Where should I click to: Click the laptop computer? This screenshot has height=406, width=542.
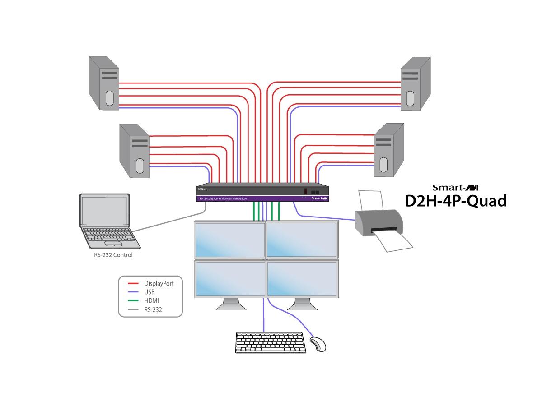pyautogui.click(x=107, y=221)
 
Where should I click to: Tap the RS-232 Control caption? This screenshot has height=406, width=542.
pyautogui.click(x=111, y=255)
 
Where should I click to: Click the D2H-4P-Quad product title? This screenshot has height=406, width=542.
pyautogui.click(x=455, y=201)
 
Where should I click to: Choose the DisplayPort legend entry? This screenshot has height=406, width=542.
pyautogui.click(x=159, y=283)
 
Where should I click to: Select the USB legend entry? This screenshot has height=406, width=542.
pyautogui.click(x=150, y=292)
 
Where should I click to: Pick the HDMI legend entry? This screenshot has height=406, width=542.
pyautogui.click(x=151, y=301)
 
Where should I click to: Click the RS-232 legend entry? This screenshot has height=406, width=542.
pyautogui.click(x=153, y=310)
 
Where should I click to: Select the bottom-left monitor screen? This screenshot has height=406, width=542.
pyautogui.click(x=229, y=278)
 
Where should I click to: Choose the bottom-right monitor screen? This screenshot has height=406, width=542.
pyautogui.click(x=302, y=278)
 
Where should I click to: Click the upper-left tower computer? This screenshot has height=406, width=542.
pyautogui.click(x=104, y=83)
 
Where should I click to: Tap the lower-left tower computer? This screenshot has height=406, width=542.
pyautogui.click(x=135, y=151)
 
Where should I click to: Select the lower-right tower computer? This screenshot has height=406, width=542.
pyautogui.click(x=388, y=151)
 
